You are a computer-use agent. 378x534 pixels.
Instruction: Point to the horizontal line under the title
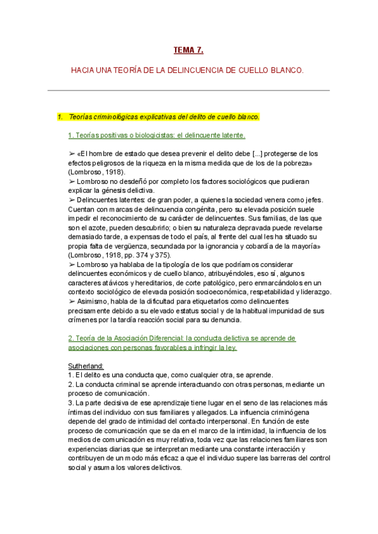[x=188, y=90]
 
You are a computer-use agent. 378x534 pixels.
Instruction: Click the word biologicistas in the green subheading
[x=146, y=135]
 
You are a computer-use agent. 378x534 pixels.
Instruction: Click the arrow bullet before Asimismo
[x=71, y=302]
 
